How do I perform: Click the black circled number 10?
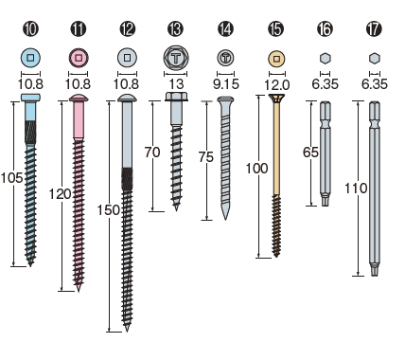coord(30,28)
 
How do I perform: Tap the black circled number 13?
coord(175,28)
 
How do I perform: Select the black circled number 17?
coord(374,28)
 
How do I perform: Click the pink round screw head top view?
coord(79,58)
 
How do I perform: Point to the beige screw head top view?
coord(276,59)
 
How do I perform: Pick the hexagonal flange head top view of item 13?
coord(176,58)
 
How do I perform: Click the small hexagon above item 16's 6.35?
coord(325,59)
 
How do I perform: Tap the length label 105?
coord(11,178)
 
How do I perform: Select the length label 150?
coord(108,210)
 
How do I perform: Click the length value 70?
coord(152,153)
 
